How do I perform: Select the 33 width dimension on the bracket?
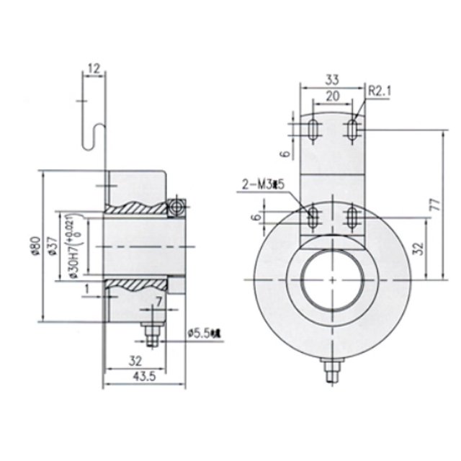click(x=332, y=79)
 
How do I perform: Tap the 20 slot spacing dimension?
click(x=332, y=96)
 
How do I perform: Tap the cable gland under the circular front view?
click(x=331, y=369)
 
